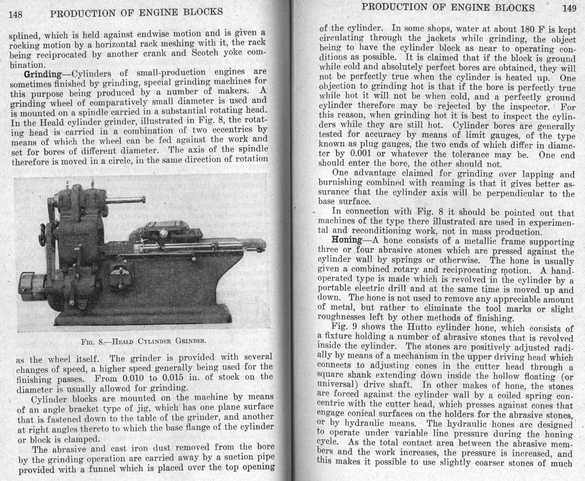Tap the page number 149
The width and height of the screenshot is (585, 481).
569,8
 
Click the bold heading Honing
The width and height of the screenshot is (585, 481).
347,240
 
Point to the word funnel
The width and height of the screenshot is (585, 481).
101,469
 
